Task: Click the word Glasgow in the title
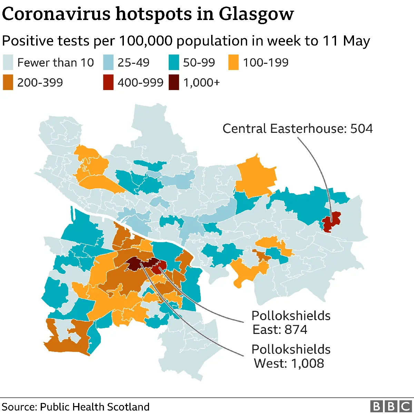[x=256, y=14]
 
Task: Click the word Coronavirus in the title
[x=56, y=14]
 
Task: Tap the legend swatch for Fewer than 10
[x=8, y=62]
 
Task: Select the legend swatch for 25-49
[x=108, y=62]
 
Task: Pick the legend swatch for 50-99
[x=174, y=62]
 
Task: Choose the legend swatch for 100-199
[x=234, y=62]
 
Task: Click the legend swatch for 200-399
[x=8, y=83]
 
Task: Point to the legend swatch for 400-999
[x=108, y=83]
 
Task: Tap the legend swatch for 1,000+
[x=174, y=83]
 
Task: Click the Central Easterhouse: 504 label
[x=297, y=129]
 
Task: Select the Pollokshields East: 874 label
[x=290, y=323]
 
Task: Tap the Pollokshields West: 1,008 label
[x=290, y=356]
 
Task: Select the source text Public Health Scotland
[x=95, y=407]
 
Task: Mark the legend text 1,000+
[x=201, y=83]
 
